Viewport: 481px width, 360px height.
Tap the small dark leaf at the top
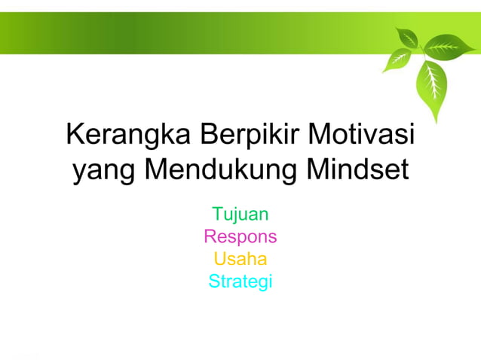(x=408, y=38)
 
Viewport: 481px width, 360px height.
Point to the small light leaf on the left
(x=395, y=59)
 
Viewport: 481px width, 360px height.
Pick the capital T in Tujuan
(x=217, y=215)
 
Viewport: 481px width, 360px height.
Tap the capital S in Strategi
(x=213, y=282)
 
